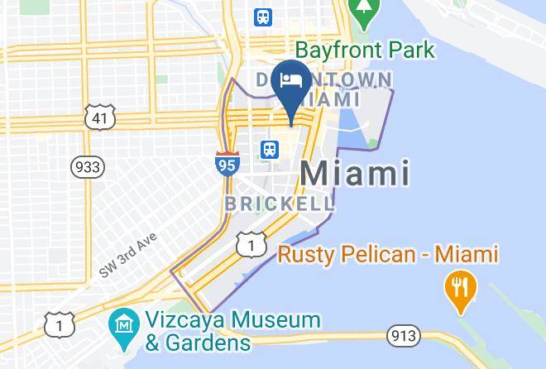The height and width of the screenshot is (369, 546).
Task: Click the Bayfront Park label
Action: (x=364, y=50)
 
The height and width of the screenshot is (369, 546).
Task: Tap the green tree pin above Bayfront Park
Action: (x=362, y=10)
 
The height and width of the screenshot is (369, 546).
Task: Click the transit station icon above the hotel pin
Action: (x=264, y=17)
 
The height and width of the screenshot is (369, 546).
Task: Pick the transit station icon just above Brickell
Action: (x=269, y=150)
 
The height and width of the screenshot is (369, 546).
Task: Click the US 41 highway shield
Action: (x=98, y=117)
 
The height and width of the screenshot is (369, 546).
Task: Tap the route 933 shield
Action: (x=87, y=167)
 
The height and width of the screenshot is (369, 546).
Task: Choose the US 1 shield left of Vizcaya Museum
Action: (x=60, y=325)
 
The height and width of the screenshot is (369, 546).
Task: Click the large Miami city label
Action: (x=355, y=173)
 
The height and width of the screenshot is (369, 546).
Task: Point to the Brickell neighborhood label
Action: (x=280, y=204)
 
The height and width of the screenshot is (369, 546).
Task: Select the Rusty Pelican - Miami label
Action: (x=388, y=254)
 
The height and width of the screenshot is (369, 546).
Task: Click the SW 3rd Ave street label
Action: (x=127, y=256)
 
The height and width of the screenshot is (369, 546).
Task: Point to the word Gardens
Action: (x=210, y=341)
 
